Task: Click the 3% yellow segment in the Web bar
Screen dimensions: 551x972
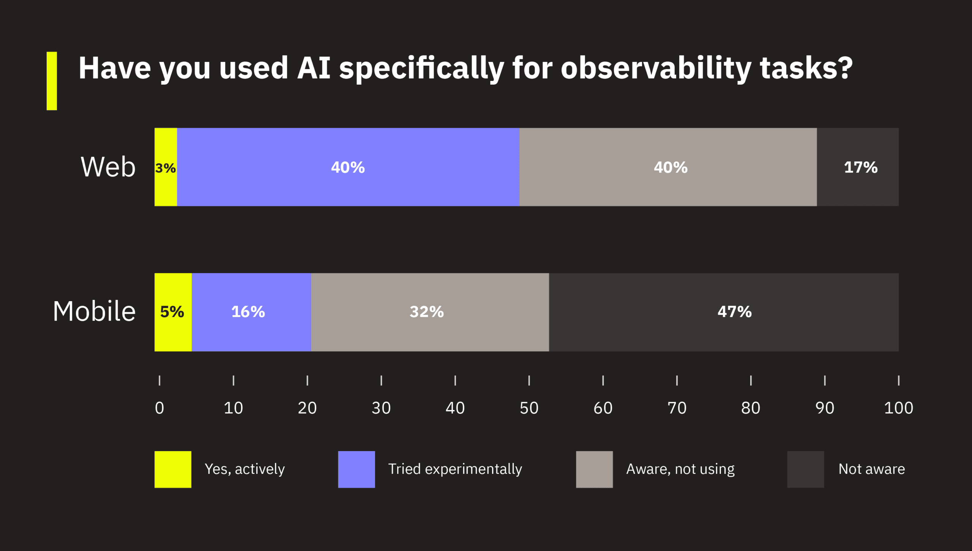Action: click(166, 167)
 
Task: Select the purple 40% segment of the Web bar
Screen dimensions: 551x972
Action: click(348, 167)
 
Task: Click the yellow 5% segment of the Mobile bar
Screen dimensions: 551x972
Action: click(173, 312)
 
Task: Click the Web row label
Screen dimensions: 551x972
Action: click(108, 167)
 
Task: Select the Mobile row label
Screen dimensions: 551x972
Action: click(94, 311)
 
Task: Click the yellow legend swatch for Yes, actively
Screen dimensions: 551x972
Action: click(173, 469)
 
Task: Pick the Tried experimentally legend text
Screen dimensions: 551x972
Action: click(455, 469)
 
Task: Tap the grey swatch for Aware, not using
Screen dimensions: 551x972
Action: click(594, 469)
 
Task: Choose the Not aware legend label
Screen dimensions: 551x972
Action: click(871, 469)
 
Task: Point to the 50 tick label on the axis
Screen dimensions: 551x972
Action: click(529, 408)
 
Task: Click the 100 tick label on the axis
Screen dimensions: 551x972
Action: click(898, 408)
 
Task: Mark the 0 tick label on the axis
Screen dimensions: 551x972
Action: click(159, 408)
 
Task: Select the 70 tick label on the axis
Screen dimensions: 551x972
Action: click(677, 408)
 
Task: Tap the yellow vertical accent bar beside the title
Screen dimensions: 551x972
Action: click(52, 81)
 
